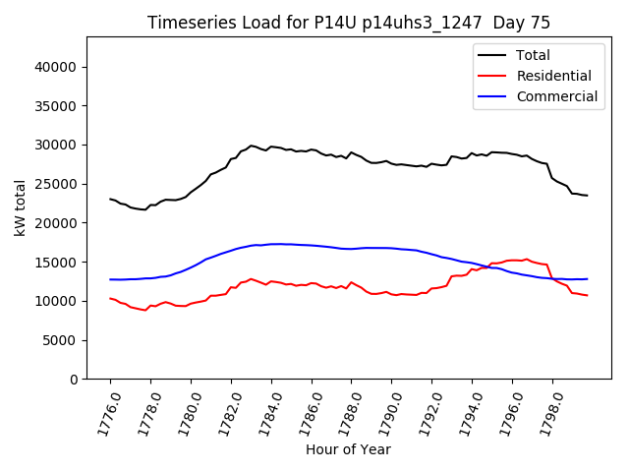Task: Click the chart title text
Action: (349, 23)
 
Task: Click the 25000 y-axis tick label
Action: (57, 184)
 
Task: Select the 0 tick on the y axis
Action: (74, 380)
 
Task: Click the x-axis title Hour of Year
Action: (348, 449)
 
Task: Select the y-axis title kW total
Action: (20, 207)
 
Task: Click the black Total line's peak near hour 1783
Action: (252, 146)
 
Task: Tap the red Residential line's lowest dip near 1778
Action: (144, 310)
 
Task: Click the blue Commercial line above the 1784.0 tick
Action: (271, 244)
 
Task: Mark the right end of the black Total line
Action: (587, 195)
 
